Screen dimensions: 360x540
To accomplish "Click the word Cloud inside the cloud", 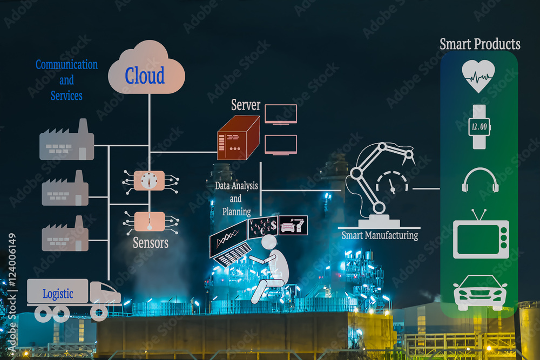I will [144, 76].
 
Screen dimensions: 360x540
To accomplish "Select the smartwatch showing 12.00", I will [478, 126].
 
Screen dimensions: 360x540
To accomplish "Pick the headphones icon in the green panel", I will [480, 180].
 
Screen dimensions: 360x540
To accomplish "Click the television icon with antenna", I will [481, 237].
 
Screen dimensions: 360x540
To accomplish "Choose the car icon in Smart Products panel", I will [480, 292].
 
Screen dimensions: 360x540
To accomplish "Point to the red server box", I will [238, 138].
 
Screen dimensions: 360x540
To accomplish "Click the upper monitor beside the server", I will [280, 114].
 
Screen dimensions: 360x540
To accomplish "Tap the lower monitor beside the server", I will [280, 145].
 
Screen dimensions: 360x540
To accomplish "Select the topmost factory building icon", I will [66, 141].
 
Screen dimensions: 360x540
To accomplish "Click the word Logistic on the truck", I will [58, 294].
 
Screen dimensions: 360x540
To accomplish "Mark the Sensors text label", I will [151, 243].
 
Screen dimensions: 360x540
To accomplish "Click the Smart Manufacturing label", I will [380, 235].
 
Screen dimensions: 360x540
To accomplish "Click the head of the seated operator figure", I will [268, 242].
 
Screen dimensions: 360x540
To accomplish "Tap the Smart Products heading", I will [480, 44].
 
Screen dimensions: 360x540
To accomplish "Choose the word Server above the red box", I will [246, 105].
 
